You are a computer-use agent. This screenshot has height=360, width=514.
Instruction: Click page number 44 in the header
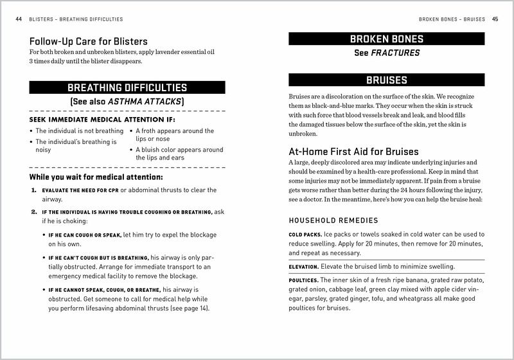(18, 19)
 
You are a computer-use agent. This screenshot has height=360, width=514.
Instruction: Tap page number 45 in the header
(495, 19)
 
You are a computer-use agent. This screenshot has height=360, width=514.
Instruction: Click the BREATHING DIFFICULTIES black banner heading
(127, 87)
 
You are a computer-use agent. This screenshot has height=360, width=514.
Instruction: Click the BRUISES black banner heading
(386, 80)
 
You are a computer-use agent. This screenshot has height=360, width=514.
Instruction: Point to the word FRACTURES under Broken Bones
(395, 53)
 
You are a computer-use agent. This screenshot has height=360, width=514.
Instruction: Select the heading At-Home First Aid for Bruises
(353, 152)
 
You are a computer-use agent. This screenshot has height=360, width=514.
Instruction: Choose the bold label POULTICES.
(304, 280)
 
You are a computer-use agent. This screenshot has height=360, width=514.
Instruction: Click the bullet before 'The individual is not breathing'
(31, 131)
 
